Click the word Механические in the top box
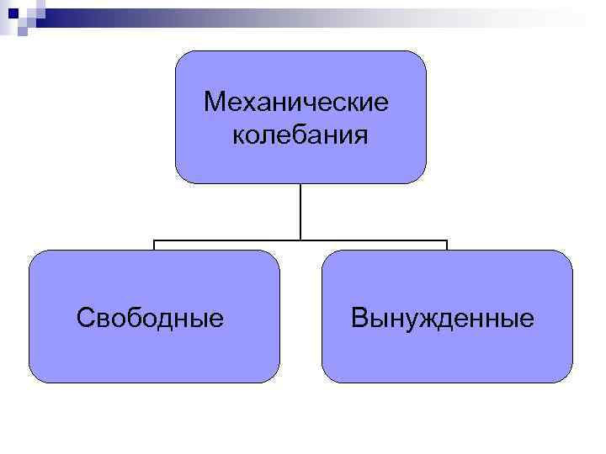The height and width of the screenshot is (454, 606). pyautogui.click(x=296, y=103)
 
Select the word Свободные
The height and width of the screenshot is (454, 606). pyautogui.click(x=150, y=318)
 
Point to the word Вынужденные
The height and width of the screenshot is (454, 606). pyautogui.click(x=443, y=318)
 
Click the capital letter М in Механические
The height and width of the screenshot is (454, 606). pyautogui.click(x=214, y=103)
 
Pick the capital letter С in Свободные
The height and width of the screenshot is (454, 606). pyautogui.click(x=83, y=318)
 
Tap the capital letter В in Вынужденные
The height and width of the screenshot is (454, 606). pyautogui.click(x=359, y=318)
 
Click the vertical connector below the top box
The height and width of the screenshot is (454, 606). pyautogui.click(x=300, y=210)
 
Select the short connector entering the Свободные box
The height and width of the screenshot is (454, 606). pyautogui.click(x=154, y=245)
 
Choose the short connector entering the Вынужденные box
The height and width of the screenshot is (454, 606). pyautogui.click(x=447, y=245)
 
